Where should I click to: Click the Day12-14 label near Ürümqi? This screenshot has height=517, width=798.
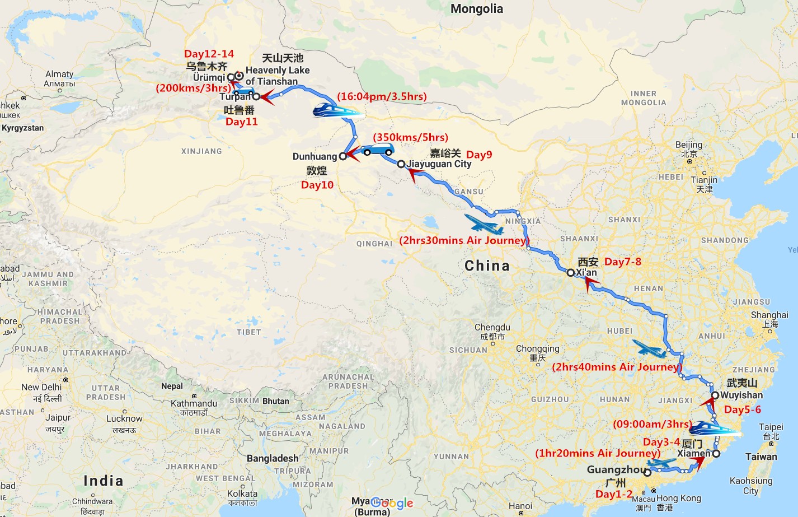(209, 54)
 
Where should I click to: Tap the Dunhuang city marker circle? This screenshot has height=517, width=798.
(343, 157)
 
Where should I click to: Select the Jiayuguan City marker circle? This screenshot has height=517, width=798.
(401, 164)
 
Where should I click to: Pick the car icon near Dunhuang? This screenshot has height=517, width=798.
(378, 150)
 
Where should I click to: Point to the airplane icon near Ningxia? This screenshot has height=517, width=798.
(483, 224)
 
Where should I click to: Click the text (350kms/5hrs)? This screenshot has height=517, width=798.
(410, 137)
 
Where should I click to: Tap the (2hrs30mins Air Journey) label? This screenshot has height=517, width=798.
(464, 240)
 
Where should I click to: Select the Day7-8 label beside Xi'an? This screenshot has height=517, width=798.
(622, 262)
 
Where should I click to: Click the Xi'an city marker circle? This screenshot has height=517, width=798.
(570, 273)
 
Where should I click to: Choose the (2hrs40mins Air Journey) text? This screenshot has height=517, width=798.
(617, 367)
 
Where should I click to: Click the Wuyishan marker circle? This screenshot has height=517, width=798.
(715, 395)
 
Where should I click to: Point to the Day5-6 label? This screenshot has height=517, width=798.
(742, 409)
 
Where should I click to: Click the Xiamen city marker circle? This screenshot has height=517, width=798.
(716, 453)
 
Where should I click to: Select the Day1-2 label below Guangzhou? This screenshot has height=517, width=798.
(613, 494)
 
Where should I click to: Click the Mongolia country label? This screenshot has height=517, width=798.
(476, 9)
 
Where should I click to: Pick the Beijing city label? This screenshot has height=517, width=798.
(688, 145)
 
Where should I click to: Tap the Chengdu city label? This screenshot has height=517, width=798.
(492, 327)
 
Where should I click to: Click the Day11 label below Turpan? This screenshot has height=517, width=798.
(241, 122)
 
